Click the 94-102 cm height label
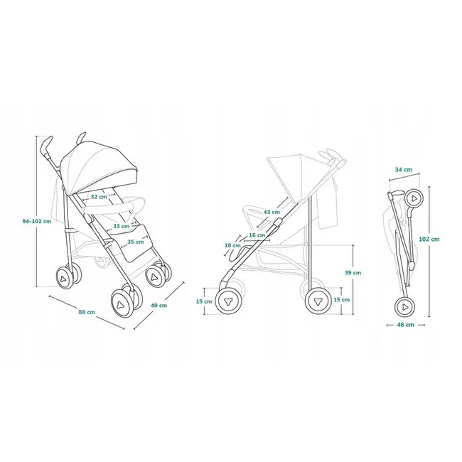36,221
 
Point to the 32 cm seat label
98,197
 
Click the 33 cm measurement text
120,226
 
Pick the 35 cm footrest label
135,242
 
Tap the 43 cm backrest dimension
272,212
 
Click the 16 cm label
257,235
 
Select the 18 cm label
232,245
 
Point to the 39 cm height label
352,272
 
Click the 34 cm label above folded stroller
403,169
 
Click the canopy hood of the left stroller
99,161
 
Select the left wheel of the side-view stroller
229,301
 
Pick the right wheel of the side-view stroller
318,301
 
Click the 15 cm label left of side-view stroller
203,301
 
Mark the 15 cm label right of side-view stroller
341,300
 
